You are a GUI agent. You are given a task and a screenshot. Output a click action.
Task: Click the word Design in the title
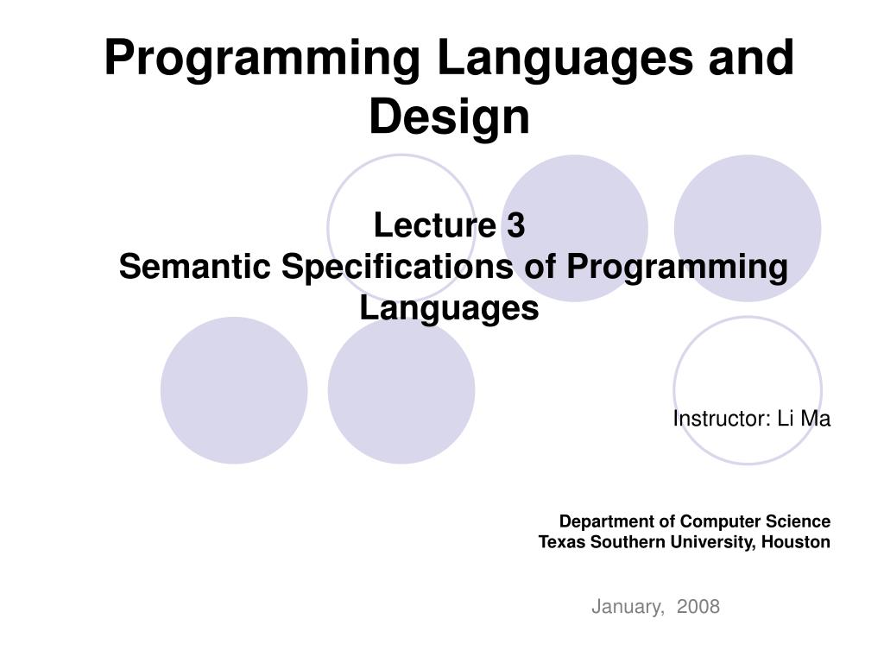(449, 117)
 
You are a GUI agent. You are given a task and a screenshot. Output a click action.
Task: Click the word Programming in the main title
(263, 58)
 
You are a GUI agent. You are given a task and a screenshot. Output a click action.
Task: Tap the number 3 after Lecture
(515, 226)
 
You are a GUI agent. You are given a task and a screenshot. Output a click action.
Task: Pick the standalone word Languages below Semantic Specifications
(449, 308)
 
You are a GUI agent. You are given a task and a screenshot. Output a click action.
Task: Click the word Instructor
(721, 420)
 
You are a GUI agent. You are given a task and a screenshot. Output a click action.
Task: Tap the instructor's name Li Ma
(804, 420)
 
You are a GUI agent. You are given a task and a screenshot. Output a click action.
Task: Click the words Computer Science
(755, 521)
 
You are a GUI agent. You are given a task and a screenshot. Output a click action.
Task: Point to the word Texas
(560, 542)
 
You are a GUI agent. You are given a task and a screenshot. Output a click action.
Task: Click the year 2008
(698, 607)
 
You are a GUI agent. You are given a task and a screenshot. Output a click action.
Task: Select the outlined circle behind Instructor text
(747, 363)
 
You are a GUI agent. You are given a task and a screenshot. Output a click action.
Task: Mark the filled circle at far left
(234, 390)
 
